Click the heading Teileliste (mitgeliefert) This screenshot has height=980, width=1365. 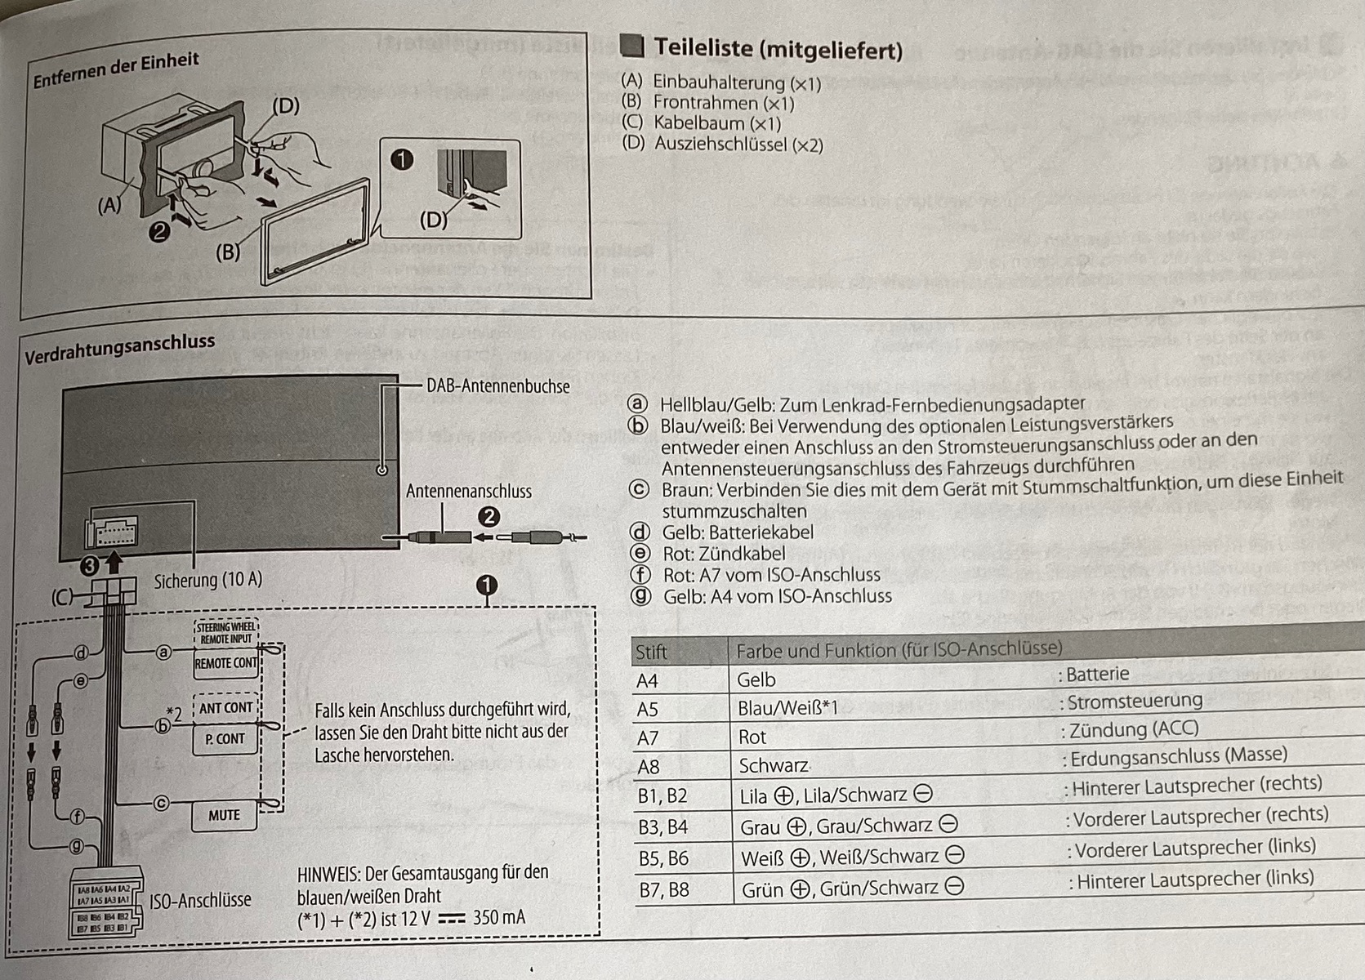pyautogui.click(x=778, y=49)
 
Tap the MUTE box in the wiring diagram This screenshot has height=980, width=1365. pyautogui.click(x=224, y=815)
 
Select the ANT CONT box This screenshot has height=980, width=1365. pyautogui.click(x=225, y=708)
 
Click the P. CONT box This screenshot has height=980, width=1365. pyautogui.click(x=225, y=739)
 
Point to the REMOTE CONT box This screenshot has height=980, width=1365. pyautogui.click(x=225, y=663)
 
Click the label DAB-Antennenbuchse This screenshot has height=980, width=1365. pyautogui.click(x=497, y=386)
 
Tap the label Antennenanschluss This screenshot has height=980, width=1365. pyautogui.click(x=468, y=491)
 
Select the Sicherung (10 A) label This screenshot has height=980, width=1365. pyautogui.click(x=208, y=580)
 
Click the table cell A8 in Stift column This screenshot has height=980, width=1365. pyautogui.click(x=648, y=767)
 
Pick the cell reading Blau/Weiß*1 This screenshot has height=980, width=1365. pyautogui.click(x=787, y=709)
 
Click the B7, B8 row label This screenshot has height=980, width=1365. pyautogui.click(x=663, y=889)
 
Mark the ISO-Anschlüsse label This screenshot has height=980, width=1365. pyautogui.click(x=200, y=900)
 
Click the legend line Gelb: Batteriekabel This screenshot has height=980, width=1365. pyautogui.click(x=737, y=532)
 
